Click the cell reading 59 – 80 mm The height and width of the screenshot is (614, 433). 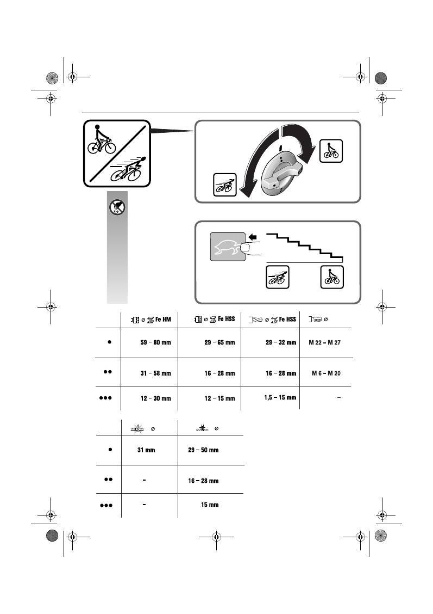(x=155, y=343)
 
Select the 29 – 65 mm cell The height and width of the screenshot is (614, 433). (x=219, y=343)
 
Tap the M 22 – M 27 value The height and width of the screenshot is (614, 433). (x=327, y=343)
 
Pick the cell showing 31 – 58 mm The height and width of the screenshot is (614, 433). (x=155, y=373)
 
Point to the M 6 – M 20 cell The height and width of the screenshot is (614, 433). (x=327, y=373)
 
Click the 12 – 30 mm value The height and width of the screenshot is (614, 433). (x=155, y=399)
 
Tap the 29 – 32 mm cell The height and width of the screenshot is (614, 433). (x=281, y=343)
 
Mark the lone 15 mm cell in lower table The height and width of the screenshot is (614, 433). (x=210, y=505)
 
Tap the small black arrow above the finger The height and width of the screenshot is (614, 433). (x=252, y=237)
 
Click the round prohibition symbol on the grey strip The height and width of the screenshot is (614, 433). (x=117, y=206)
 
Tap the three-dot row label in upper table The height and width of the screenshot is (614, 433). (x=105, y=398)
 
